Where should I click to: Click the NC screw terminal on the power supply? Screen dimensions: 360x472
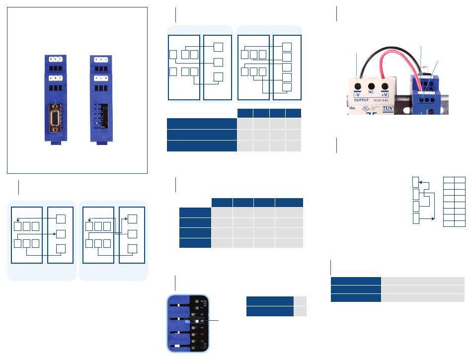pyautogui.click(x=371, y=85)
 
